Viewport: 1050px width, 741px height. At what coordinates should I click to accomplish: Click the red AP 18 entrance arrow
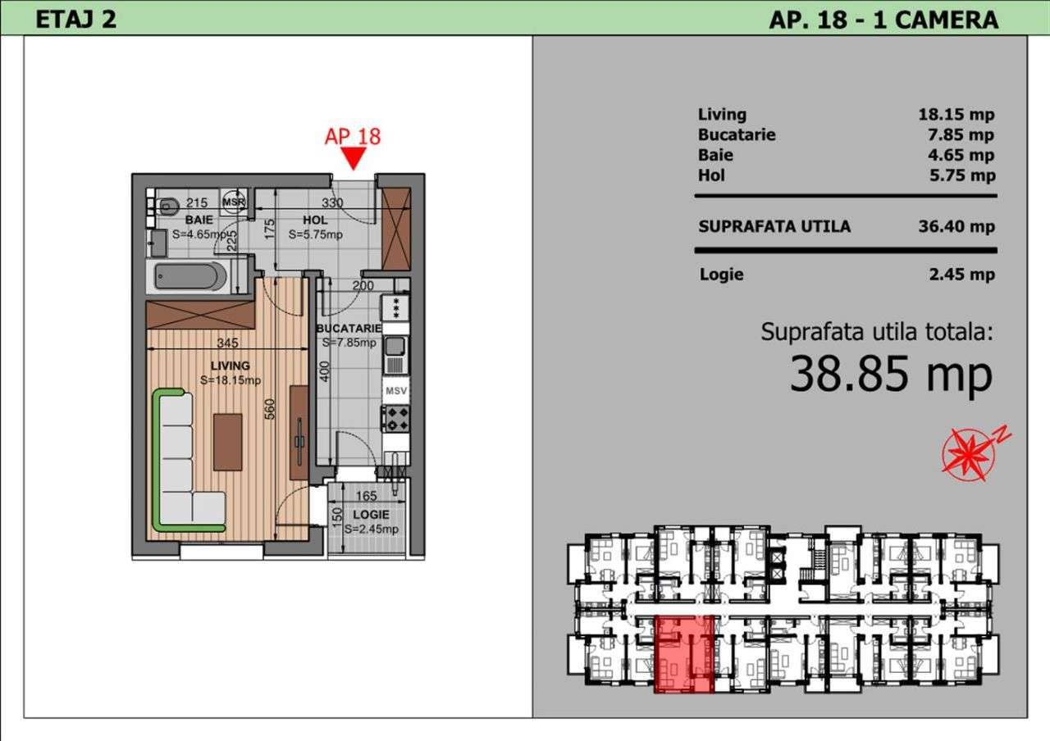click(354, 157)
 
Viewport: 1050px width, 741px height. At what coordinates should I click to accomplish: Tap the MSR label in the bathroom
click(234, 202)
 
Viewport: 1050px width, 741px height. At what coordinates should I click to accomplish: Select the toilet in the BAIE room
click(167, 205)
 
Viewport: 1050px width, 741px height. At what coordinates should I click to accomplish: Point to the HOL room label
click(314, 220)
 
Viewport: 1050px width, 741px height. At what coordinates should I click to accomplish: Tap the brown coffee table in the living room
click(227, 442)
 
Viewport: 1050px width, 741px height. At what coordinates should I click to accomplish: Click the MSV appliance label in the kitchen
click(396, 391)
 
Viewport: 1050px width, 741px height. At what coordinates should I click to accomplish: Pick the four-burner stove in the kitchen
click(396, 419)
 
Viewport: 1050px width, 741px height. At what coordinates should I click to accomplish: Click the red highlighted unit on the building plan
click(684, 653)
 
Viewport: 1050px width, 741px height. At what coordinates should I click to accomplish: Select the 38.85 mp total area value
click(891, 375)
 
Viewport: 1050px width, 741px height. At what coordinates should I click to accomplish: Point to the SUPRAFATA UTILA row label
click(774, 226)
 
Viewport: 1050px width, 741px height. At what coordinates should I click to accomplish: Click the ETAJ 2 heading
click(75, 20)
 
